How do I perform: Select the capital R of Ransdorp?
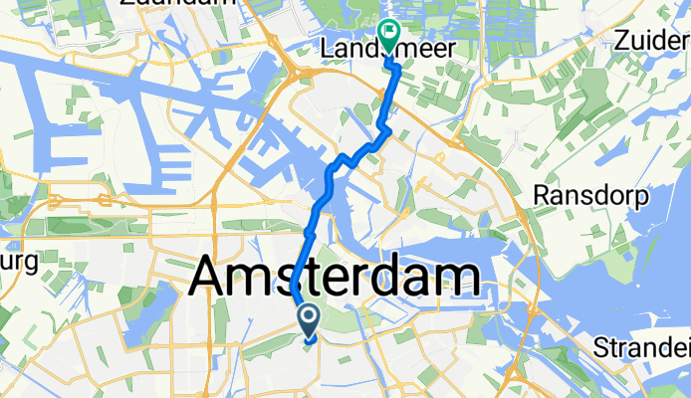pyautogui.click(x=541, y=196)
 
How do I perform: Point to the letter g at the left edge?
pyautogui.click(x=29, y=265)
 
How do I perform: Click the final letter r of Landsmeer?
pyautogui.click(x=452, y=49)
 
